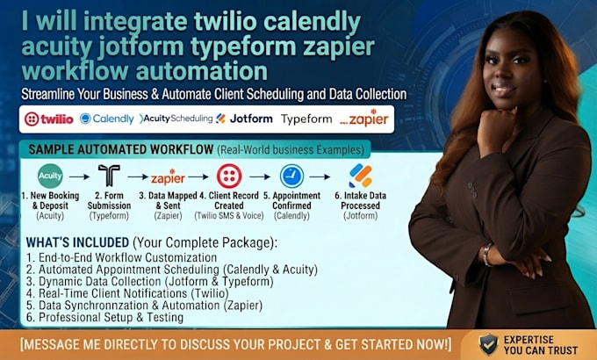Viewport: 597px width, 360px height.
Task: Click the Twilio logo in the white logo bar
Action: point(49,119)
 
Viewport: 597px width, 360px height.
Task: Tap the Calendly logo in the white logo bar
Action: point(106,119)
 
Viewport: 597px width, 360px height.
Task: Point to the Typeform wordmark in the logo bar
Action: point(306,119)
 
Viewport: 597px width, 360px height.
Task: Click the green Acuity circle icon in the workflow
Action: point(50,176)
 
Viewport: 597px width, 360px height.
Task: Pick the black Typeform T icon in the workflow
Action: point(109,176)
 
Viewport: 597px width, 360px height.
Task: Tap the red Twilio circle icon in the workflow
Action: point(229,176)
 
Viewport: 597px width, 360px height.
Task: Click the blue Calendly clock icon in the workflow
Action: point(291,176)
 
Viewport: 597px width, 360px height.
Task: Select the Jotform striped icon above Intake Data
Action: point(360,176)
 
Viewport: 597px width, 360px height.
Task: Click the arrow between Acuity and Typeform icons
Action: point(79,176)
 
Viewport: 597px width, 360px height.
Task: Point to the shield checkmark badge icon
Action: point(488,344)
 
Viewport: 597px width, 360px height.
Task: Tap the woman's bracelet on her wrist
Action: point(486,255)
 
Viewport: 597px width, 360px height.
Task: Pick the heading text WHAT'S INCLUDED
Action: point(77,242)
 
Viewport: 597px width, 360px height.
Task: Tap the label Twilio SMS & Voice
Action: point(229,216)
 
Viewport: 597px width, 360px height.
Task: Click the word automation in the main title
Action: point(201,71)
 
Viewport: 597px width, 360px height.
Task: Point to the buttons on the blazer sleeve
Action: point(472,190)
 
